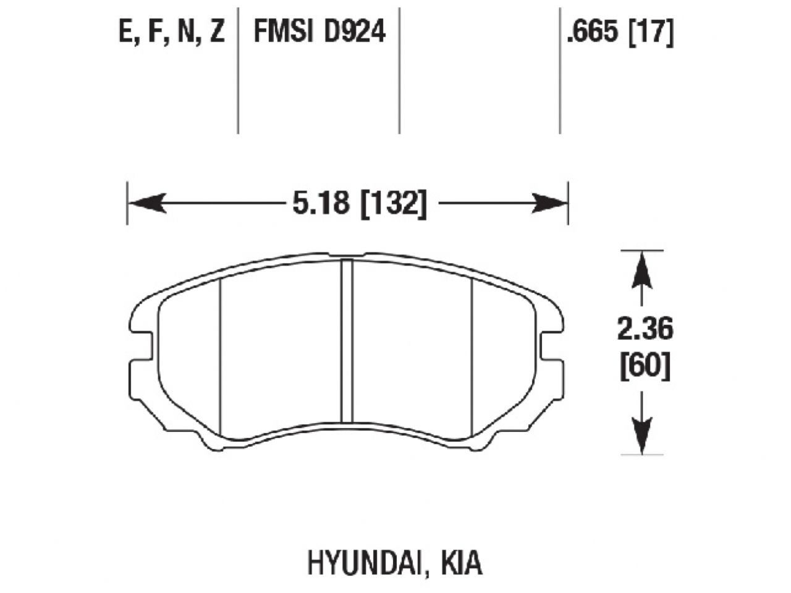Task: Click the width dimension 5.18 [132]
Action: coord(359,203)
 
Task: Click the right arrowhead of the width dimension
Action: coord(549,203)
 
